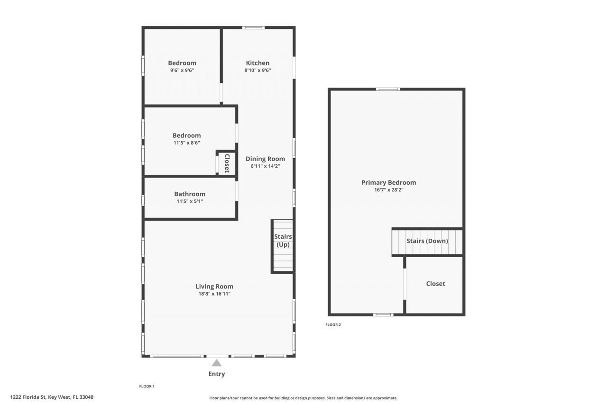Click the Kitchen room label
258,63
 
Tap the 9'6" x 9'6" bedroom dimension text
182,70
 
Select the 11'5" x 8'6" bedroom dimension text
186,143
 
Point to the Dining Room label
265,159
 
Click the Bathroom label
190,194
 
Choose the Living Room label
214,286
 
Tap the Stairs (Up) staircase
283,246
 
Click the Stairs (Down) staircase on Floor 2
427,242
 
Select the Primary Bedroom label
388,182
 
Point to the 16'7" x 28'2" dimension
388,189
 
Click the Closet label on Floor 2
435,284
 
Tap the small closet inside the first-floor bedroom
227,163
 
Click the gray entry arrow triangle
217,363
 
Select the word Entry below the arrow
217,374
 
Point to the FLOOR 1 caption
147,386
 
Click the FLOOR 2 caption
333,325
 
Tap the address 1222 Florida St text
52,397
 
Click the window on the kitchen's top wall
253,27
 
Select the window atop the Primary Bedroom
388,89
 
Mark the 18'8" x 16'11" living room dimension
214,294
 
